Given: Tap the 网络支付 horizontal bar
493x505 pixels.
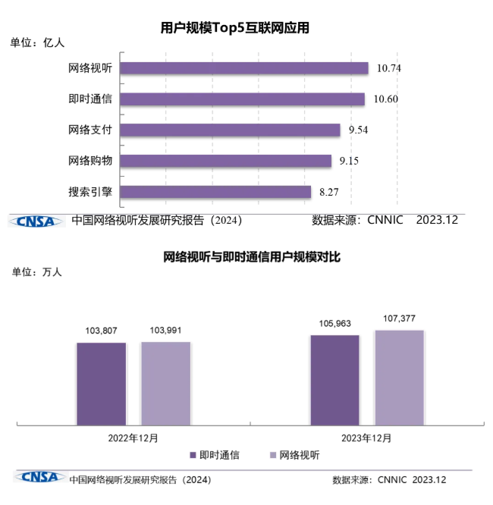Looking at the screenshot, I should (230, 130).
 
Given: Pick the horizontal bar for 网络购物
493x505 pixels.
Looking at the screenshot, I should (226, 161).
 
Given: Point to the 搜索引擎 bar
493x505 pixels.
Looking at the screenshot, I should (215, 192).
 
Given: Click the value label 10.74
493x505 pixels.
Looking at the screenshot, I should (388, 68).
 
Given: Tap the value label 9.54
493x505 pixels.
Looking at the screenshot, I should (360, 130).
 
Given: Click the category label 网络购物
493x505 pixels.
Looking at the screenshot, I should (90, 161).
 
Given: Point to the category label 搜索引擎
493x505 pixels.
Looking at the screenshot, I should (90, 192).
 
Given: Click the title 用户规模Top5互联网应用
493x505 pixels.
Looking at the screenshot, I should (236, 28).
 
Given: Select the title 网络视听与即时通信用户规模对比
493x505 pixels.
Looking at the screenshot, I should (253, 257).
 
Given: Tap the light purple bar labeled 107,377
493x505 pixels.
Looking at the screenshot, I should (399, 377).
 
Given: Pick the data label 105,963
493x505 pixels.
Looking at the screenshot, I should (334, 323).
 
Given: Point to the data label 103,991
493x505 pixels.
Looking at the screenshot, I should (166, 331).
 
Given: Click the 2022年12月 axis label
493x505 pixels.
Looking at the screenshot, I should (133, 438).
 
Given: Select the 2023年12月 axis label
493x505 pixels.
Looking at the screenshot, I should (367, 438).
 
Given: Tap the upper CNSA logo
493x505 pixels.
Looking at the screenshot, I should (36, 221).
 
